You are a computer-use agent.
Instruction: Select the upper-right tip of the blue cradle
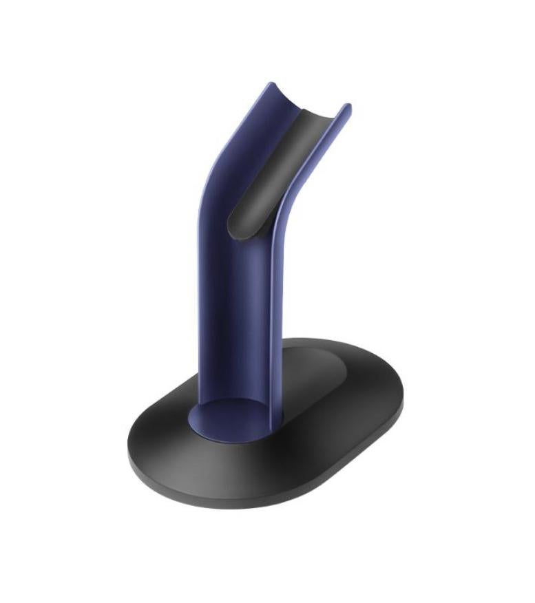coord(348,108)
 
